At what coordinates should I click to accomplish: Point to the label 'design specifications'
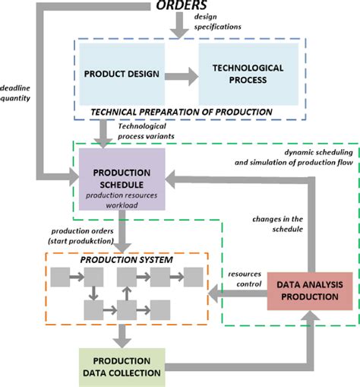(x=217, y=21)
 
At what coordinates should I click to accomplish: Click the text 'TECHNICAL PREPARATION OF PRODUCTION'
(x=181, y=111)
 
